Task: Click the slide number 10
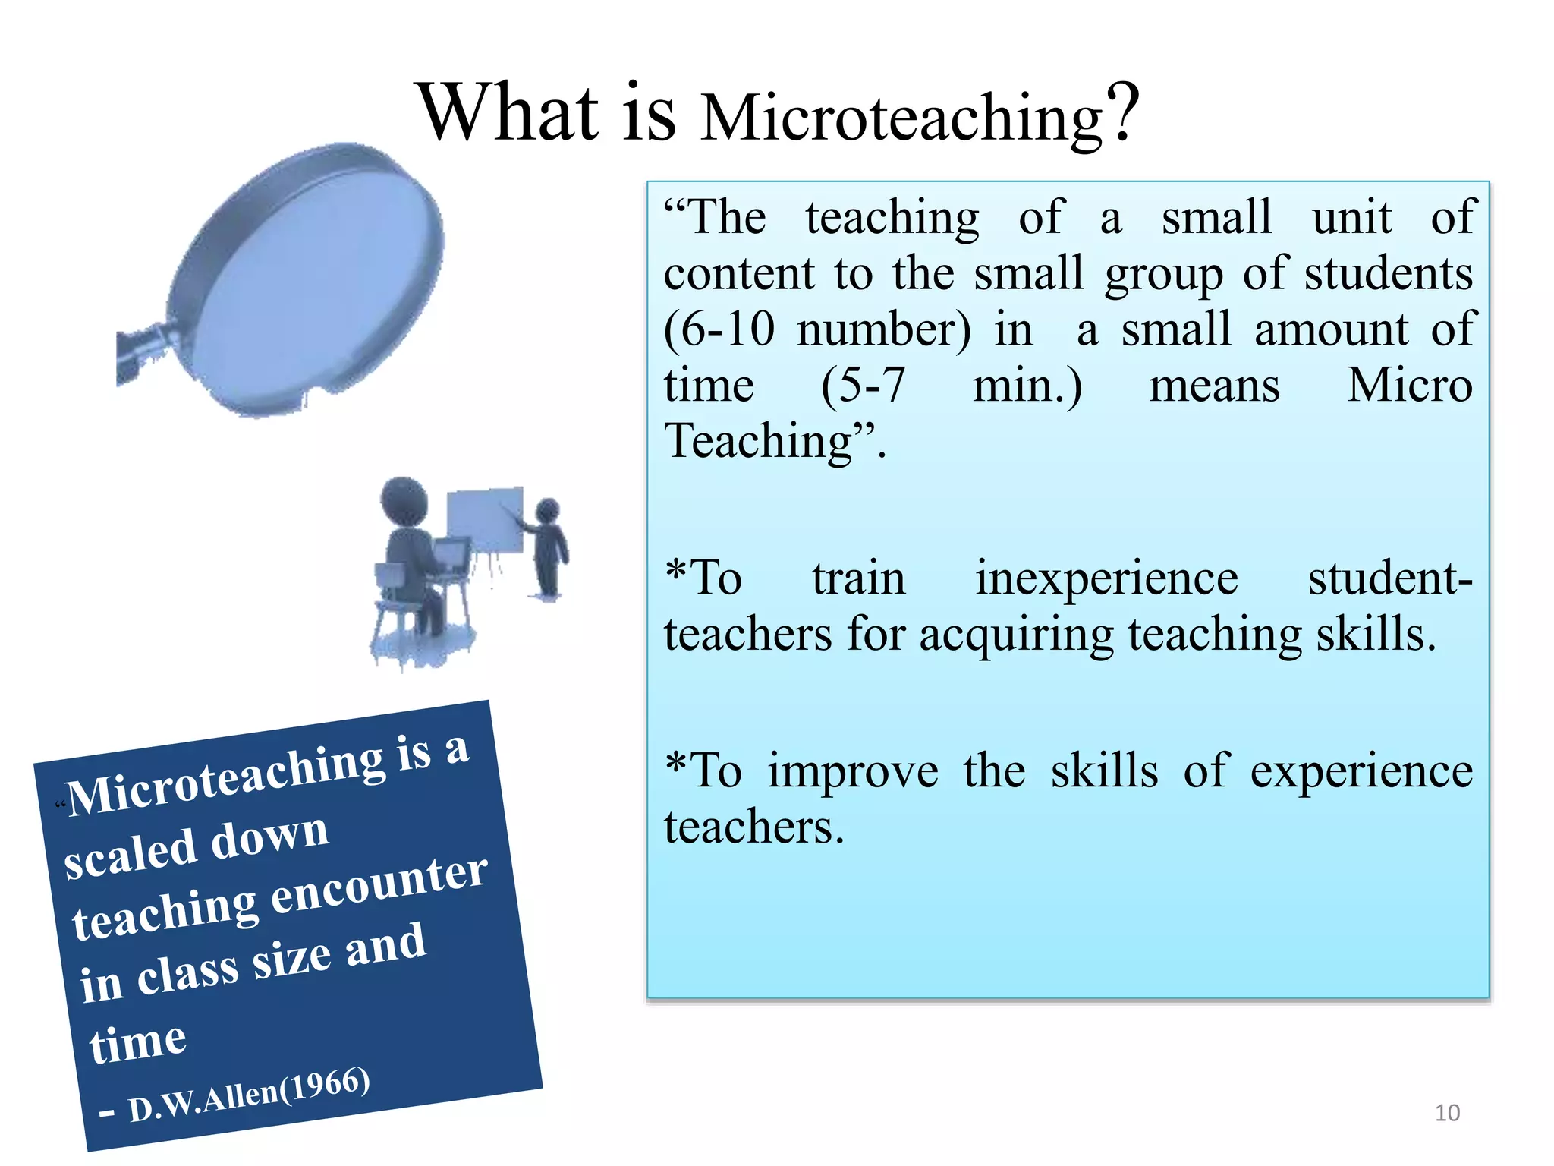[x=1447, y=1113]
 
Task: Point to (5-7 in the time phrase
[x=863, y=386]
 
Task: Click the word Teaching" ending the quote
[x=769, y=442]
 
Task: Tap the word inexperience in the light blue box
[x=1106, y=578]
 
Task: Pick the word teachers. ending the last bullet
[x=753, y=827]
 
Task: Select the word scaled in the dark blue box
[x=131, y=854]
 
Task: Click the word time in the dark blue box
[x=137, y=1042]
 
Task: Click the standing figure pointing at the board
[x=549, y=548]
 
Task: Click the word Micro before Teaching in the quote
[x=1408, y=386]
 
